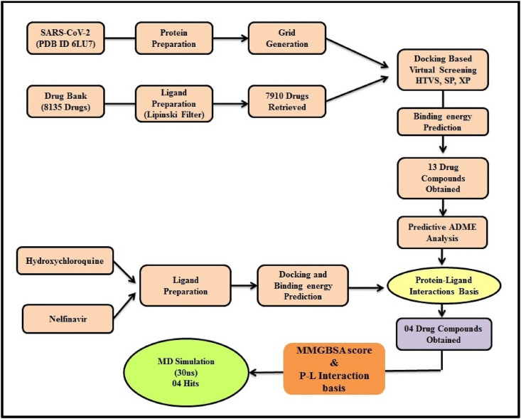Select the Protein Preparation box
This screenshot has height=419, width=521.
pos(175,37)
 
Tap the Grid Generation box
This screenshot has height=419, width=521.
pos(286,37)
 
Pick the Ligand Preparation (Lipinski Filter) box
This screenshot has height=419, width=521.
pos(175,100)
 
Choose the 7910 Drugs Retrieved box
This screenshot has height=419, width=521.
pos(286,100)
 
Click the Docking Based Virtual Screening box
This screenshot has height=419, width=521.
pos(444,69)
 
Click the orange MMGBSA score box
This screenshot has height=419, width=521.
pos(333,368)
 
